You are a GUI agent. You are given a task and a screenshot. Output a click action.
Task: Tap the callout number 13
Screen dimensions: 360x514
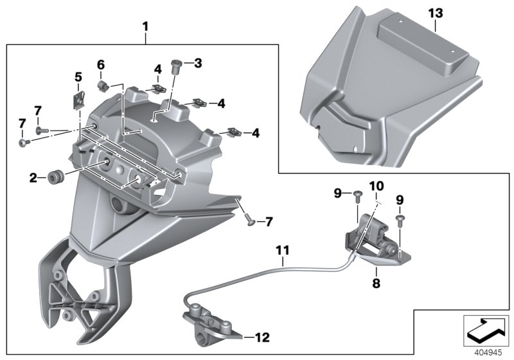point(435,13)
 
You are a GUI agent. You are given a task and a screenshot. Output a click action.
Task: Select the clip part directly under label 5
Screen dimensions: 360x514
point(79,100)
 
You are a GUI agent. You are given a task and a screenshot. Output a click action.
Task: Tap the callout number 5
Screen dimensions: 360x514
point(78,77)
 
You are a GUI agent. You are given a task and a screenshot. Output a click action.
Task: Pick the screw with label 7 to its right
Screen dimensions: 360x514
point(248,219)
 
